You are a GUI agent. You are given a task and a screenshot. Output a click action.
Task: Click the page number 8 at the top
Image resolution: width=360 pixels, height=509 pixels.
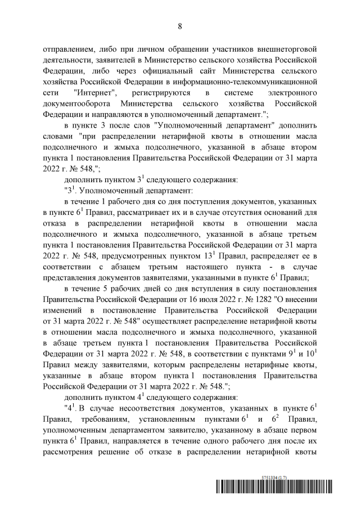pos(180,26)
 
